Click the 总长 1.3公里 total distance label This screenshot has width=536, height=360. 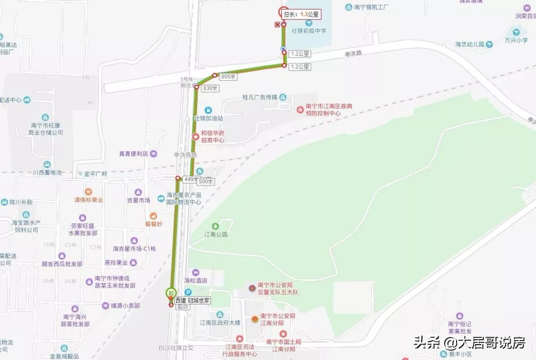point(301,14)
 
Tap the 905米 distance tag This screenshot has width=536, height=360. point(229,77)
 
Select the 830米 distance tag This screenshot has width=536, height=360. point(210,87)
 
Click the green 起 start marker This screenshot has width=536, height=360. point(171,293)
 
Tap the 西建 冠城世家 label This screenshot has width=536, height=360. point(193,300)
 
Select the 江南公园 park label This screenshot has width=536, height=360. point(216,234)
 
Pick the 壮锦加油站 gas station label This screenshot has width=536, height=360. point(208,119)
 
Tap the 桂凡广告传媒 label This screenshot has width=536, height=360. point(260,97)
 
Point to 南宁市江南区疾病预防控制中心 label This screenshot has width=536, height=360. point(323,110)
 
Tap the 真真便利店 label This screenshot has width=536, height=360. point(134,154)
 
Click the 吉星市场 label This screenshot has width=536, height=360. point(138,200)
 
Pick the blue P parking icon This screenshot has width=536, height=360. point(188,293)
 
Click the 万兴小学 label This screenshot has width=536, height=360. point(516,40)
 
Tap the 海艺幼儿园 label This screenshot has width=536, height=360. point(470,45)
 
